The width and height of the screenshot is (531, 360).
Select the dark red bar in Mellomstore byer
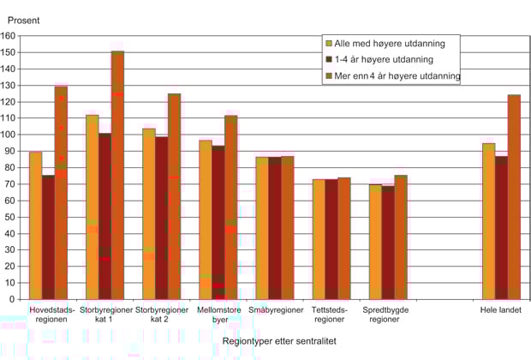(x=218, y=223)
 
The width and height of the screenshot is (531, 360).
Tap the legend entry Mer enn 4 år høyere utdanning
(x=397, y=76)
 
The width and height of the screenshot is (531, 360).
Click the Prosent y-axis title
(x=23, y=19)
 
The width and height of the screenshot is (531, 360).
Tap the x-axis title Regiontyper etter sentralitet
(x=275, y=341)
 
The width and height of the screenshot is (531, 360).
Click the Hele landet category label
(x=501, y=309)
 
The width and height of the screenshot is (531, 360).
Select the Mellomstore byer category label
(x=218, y=314)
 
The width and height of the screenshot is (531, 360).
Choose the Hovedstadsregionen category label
(x=52, y=314)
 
